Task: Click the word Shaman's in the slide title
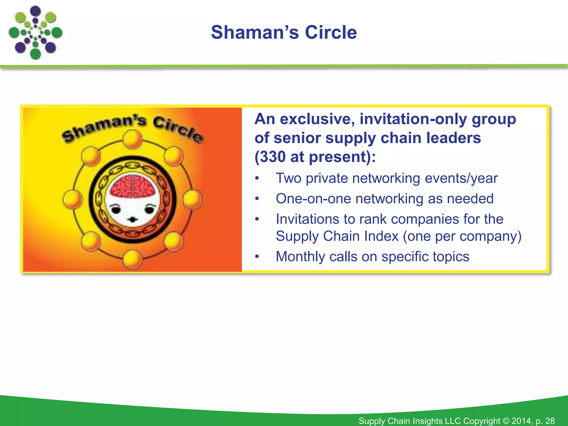(255, 32)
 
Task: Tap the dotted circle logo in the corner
(35, 33)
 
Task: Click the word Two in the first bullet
(288, 178)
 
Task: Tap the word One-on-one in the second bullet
(313, 199)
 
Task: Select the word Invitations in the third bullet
(308, 219)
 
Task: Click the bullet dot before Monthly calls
(257, 257)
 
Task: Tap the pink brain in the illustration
(132, 186)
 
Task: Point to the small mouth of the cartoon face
(133, 220)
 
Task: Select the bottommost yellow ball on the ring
(132, 258)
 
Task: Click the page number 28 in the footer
(550, 421)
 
